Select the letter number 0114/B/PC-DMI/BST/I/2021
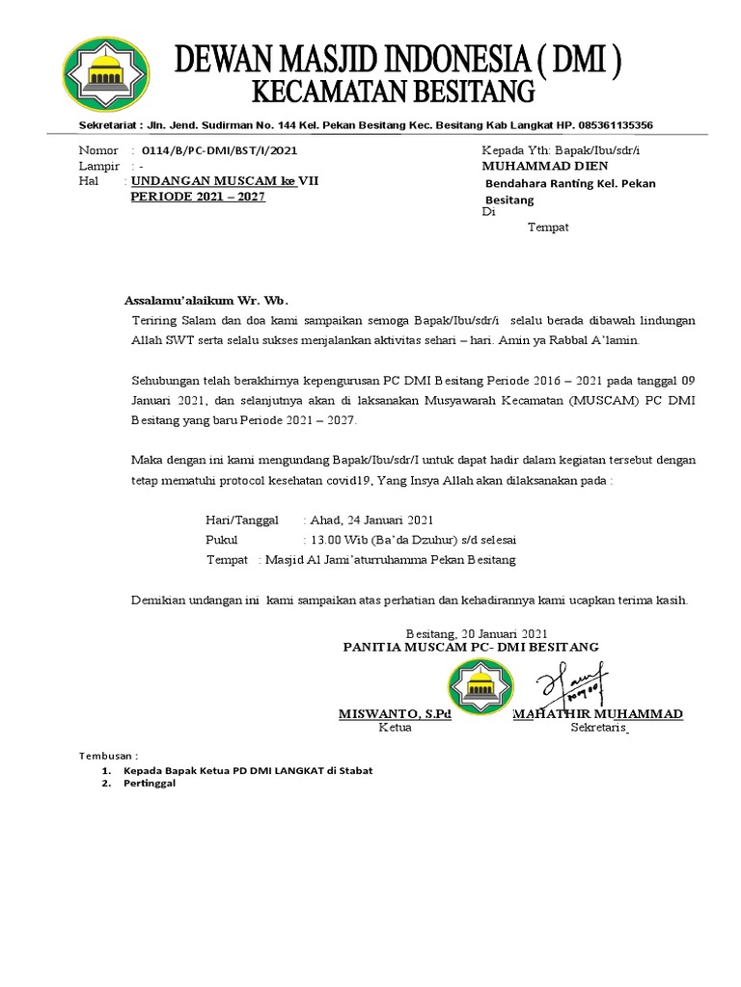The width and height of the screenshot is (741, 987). (219, 151)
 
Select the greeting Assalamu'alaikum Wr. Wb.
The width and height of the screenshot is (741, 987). (206, 299)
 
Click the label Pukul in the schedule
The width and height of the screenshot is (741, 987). (221, 540)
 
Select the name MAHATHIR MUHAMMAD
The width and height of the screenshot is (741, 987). (598, 714)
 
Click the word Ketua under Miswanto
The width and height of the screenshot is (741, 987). (395, 728)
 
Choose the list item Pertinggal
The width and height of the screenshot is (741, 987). (150, 785)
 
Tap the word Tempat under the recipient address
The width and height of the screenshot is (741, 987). (548, 227)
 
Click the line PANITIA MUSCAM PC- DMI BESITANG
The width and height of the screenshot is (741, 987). (471, 647)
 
